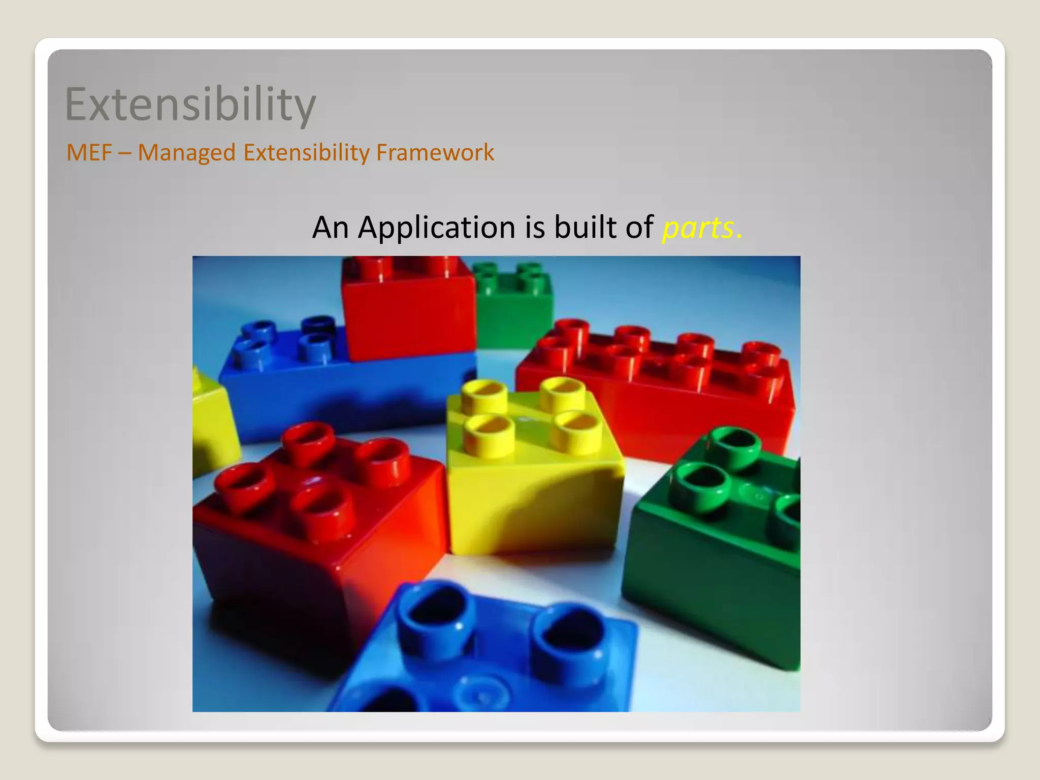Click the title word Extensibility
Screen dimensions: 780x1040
tap(190, 104)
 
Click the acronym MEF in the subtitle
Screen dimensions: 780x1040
tap(89, 152)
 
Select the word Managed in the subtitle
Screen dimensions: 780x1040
tap(186, 152)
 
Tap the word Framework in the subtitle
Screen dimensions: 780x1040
tap(435, 152)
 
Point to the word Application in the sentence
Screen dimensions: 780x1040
tap(437, 227)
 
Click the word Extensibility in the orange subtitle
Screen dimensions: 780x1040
tap(307, 152)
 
